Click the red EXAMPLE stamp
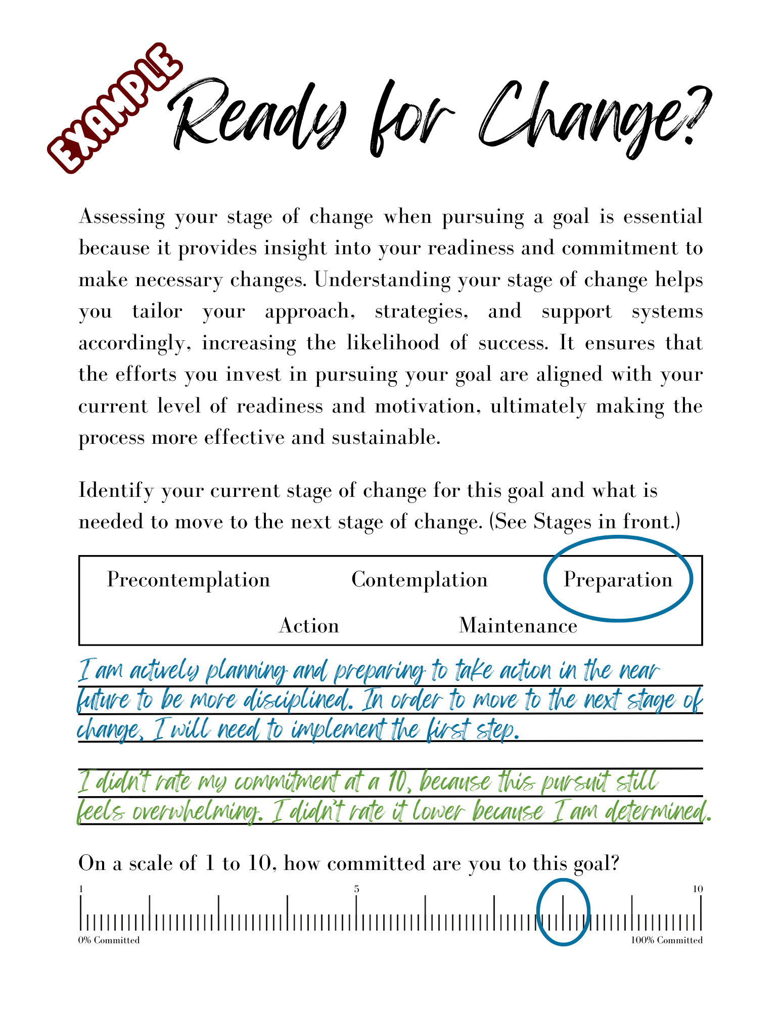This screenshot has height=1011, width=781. (114, 109)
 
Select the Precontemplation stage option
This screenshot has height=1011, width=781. (189, 580)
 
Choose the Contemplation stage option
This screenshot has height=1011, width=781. (420, 580)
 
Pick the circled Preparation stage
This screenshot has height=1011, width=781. (618, 580)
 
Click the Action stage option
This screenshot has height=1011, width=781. (309, 626)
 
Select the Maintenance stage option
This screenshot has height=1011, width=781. (518, 626)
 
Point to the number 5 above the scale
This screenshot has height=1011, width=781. (356, 889)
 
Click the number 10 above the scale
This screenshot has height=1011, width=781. (698, 889)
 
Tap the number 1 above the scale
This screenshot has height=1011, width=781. (81, 889)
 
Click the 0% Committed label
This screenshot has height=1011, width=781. (109, 940)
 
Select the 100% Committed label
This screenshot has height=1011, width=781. (667, 940)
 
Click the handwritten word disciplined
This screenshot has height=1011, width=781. (298, 701)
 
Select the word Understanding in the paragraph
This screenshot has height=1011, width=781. (382, 280)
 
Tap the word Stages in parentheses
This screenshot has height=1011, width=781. (562, 522)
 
